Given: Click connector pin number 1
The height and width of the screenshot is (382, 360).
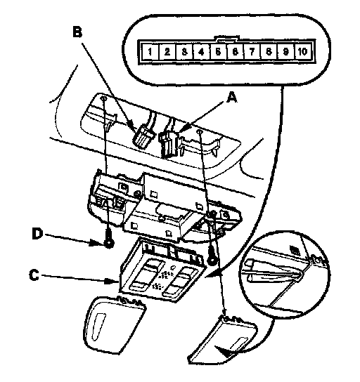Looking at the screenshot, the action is [150, 52].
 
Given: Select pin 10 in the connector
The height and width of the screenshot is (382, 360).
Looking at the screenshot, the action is [302, 52].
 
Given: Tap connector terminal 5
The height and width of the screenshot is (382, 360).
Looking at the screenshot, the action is [218, 52].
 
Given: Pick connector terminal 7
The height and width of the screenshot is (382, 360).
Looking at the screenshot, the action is [252, 52].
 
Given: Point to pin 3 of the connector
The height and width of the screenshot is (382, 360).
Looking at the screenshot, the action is [184, 52].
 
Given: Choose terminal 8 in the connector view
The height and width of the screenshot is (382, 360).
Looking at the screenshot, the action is [269, 52].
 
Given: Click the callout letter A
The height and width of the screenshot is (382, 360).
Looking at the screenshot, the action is [231, 98].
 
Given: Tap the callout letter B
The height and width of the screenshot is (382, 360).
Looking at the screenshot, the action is [77, 32].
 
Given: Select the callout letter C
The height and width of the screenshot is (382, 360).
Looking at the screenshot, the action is [34, 275].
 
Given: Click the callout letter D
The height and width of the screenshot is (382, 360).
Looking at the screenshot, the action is [37, 234].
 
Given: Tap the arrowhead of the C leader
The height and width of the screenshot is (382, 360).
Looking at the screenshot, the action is [113, 281].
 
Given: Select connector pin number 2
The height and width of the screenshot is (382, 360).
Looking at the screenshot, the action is [167, 52].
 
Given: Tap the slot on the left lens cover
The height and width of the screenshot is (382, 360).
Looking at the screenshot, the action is [98, 327].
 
